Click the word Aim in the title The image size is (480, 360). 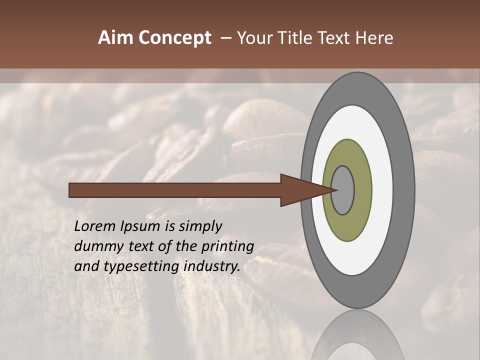click(x=115, y=38)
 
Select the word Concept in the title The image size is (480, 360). click(x=175, y=38)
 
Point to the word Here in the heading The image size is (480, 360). click(x=374, y=38)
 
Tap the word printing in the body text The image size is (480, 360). click(x=227, y=246)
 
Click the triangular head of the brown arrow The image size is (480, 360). click(x=300, y=190)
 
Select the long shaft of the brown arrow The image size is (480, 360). click(x=175, y=190)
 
